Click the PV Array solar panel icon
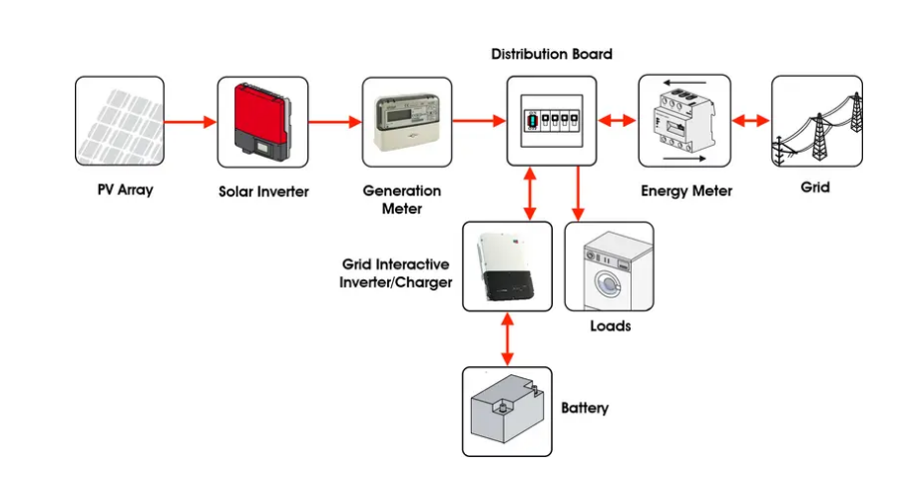(119, 122)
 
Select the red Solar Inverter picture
(260, 122)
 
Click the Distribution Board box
(552, 121)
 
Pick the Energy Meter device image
(684, 121)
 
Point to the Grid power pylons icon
(816, 121)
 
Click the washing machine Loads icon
(610, 266)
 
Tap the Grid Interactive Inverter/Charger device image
(507, 266)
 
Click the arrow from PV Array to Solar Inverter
(190, 123)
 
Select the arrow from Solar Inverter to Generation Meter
(333, 123)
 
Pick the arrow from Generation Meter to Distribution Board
(478, 123)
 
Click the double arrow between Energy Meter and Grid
(750, 121)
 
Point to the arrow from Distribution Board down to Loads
(578, 194)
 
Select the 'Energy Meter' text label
(685, 191)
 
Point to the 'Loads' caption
(610, 326)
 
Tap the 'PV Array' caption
(119, 188)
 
